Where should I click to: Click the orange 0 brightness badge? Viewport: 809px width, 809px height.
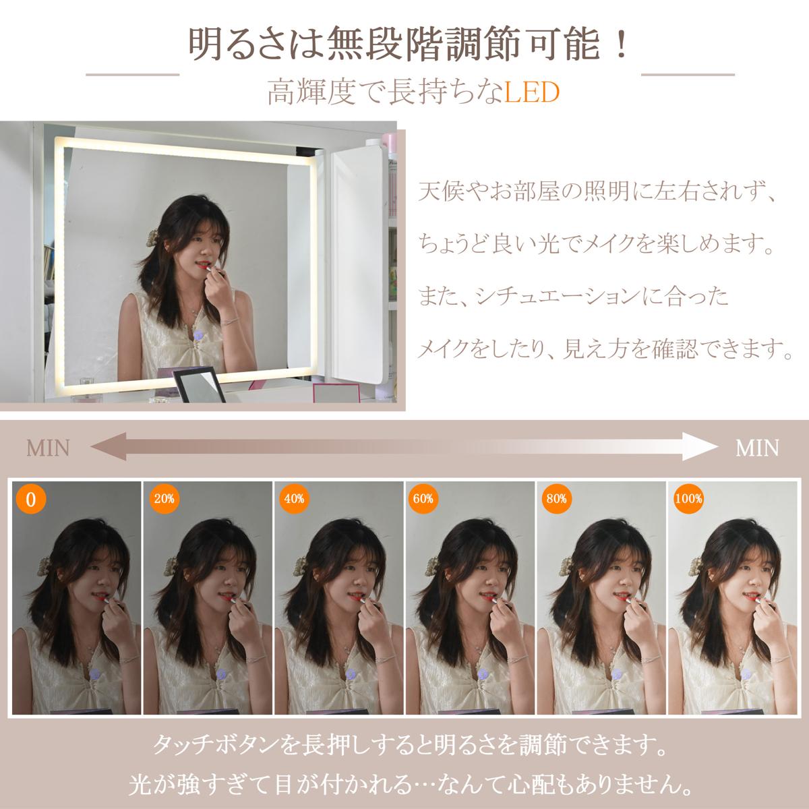pyautogui.click(x=30, y=499)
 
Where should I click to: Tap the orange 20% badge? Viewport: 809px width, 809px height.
pyautogui.click(x=164, y=499)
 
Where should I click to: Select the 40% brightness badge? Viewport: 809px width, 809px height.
pyautogui.click(x=294, y=499)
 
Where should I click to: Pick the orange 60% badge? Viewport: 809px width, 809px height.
pyautogui.click(x=423, y=499)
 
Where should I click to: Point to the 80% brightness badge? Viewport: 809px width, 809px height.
pyautogui.click(x=556, y=499)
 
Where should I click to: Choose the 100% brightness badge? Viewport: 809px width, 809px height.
pyautogui.click(x=688, y=499)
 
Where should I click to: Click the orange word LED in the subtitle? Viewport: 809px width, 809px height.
pyautogui.click(x=531, y=93)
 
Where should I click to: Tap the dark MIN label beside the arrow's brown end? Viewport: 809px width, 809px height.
pyautogui.click(x=48, y=448)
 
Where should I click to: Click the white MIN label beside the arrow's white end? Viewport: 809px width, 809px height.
pyautogui.click(x=757, y=448)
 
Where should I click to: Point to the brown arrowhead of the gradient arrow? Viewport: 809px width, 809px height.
pyautogui.click(x=109, y=447)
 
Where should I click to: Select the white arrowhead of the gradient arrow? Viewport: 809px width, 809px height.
pyautogui.click(x=700, y=447)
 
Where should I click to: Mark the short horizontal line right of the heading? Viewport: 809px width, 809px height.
pyautogui.click(x=688, y=75)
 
